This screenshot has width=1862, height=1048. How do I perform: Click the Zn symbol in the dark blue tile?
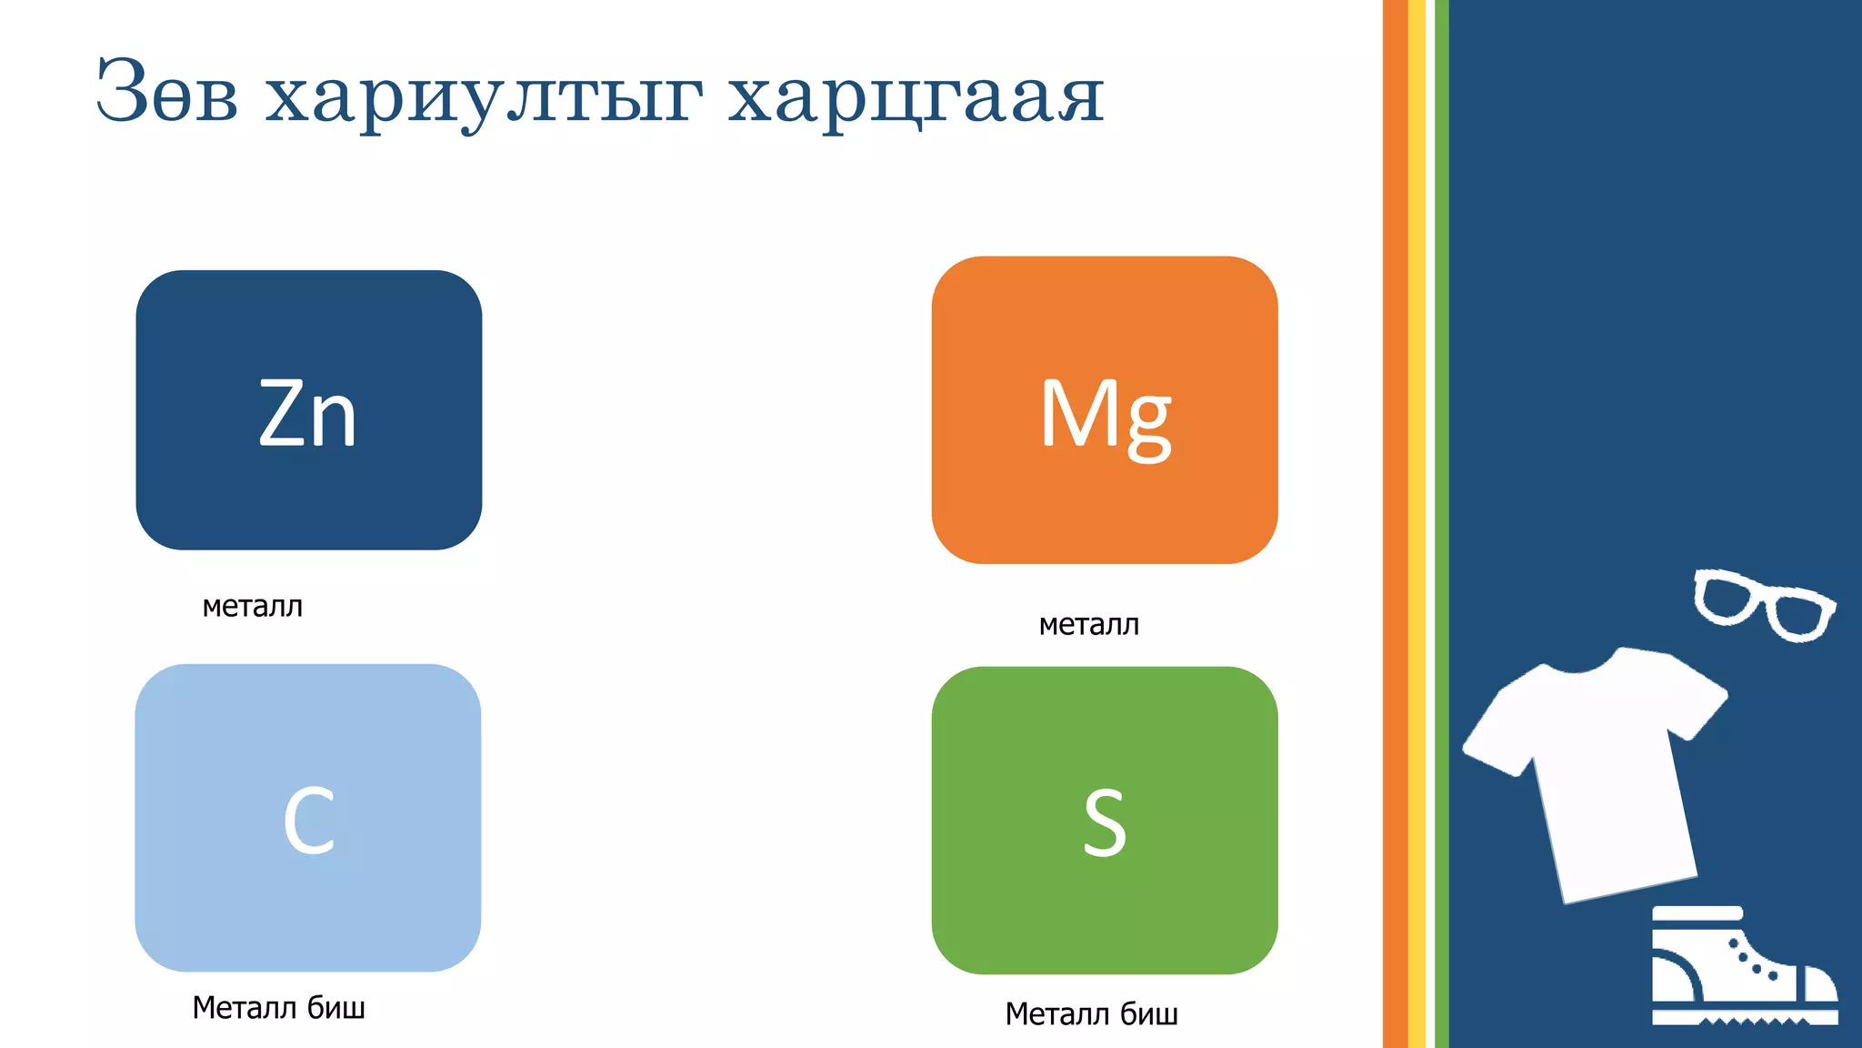pos(307,414)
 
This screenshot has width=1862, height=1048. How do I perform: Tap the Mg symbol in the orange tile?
pos(1105,416)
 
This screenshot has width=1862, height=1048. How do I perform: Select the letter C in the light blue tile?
pos(309,821)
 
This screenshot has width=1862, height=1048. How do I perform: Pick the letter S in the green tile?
pos(1105,823)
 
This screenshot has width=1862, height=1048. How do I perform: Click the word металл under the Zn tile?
pos(252,606)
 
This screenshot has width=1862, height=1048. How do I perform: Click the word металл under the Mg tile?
pos(1088,624)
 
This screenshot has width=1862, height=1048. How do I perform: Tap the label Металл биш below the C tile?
pos(278,1007)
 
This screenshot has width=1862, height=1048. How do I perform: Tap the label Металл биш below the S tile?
pos(1091,1013)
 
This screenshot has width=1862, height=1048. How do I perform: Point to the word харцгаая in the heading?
pos(916,95)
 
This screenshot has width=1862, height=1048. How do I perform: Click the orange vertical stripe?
pos(1395,524)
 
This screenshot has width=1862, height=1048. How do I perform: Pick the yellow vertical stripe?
pos(1417,524)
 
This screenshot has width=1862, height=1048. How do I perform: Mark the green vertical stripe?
pos(1441,524)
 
